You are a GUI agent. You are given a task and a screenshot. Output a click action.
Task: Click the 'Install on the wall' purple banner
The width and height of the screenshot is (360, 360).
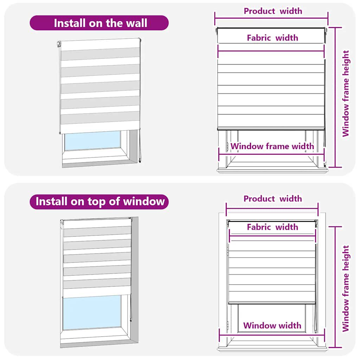point(99,23)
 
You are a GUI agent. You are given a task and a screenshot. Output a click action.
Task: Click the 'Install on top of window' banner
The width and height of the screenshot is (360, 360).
point(99,201)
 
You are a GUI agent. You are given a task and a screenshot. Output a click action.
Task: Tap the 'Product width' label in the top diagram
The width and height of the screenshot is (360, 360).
point(273,11)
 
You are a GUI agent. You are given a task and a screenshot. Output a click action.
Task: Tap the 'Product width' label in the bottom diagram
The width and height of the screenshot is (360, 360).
point(272,199)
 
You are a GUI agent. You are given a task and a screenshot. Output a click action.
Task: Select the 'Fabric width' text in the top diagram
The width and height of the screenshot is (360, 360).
point(272,38)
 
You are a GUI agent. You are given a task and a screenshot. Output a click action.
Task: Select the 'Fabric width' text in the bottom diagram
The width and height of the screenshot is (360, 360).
point(272,227)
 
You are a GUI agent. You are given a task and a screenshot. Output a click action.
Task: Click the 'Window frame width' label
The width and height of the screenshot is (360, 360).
point(272,146)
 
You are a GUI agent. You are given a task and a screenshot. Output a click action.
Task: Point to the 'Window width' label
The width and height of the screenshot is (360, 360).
point(272,325)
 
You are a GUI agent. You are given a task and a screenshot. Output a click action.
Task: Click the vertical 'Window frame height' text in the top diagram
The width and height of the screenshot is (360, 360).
point(346,94)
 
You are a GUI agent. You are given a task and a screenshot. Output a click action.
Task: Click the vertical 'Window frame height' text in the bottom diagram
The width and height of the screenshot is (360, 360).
point(346,288)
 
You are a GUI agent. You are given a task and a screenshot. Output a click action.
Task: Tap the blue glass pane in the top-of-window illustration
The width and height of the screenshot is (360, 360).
point(92,312)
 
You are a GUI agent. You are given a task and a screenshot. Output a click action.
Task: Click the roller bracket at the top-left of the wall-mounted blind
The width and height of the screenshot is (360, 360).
point(59,44)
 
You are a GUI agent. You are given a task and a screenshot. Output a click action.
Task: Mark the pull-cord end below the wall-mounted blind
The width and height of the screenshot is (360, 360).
point(140,161)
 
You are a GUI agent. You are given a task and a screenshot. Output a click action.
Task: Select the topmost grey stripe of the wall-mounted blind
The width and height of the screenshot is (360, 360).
point(100,54)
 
